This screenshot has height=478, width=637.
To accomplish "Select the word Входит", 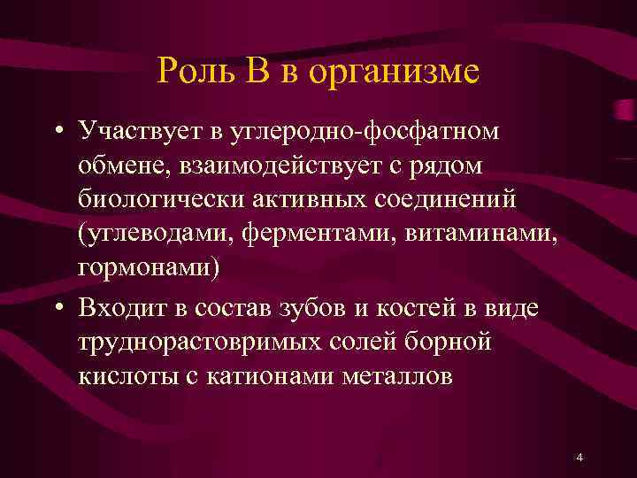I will coord(117,306).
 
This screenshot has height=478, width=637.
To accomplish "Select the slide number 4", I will coord(579,458).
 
